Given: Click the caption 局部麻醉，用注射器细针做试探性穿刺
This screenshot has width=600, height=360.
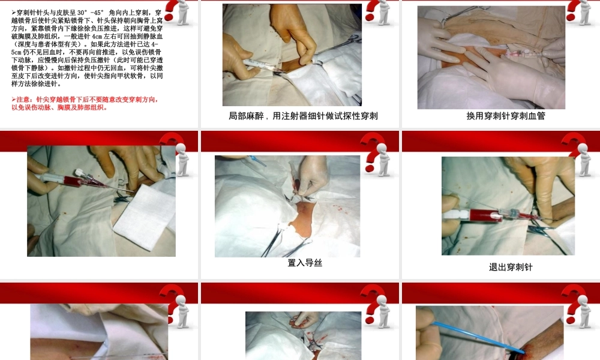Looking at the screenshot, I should (x=303, y=116).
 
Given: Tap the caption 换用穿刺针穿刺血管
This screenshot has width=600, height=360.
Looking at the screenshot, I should (x=505, y=116).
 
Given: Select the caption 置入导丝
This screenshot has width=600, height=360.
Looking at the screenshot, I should (x=305, y=262).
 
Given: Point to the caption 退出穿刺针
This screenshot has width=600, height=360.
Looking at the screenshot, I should (x=510, y=267).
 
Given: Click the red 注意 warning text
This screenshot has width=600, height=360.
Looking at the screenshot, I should (x=84, y=103).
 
